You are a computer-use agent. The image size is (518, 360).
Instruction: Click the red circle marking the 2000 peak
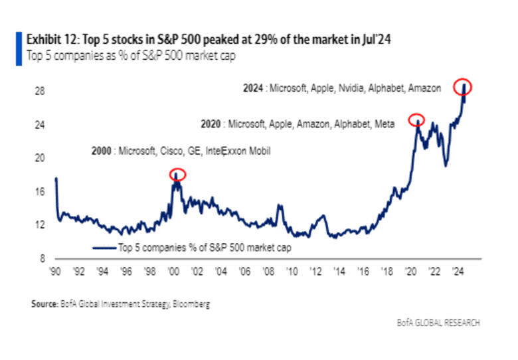point(177,175)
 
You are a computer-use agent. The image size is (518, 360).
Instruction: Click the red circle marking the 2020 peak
point(416,120)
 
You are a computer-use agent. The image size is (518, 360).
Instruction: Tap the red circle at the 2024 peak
point(465,86)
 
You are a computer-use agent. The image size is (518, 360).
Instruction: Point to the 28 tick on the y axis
point(40,90)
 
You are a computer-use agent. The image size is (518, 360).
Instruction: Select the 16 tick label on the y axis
point(40,191)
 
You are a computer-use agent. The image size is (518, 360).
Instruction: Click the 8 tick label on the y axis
point(42,258)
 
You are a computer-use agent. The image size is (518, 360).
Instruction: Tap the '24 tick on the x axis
point(457,271)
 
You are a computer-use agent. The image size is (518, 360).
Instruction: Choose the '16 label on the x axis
point(363,271)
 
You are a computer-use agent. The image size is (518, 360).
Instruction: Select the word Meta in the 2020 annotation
point(385,124)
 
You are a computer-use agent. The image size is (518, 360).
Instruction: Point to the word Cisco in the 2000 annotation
point(167,151)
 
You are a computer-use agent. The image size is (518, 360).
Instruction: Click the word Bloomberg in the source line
point(192,304)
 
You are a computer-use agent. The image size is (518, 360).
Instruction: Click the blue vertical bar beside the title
point(17,46)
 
